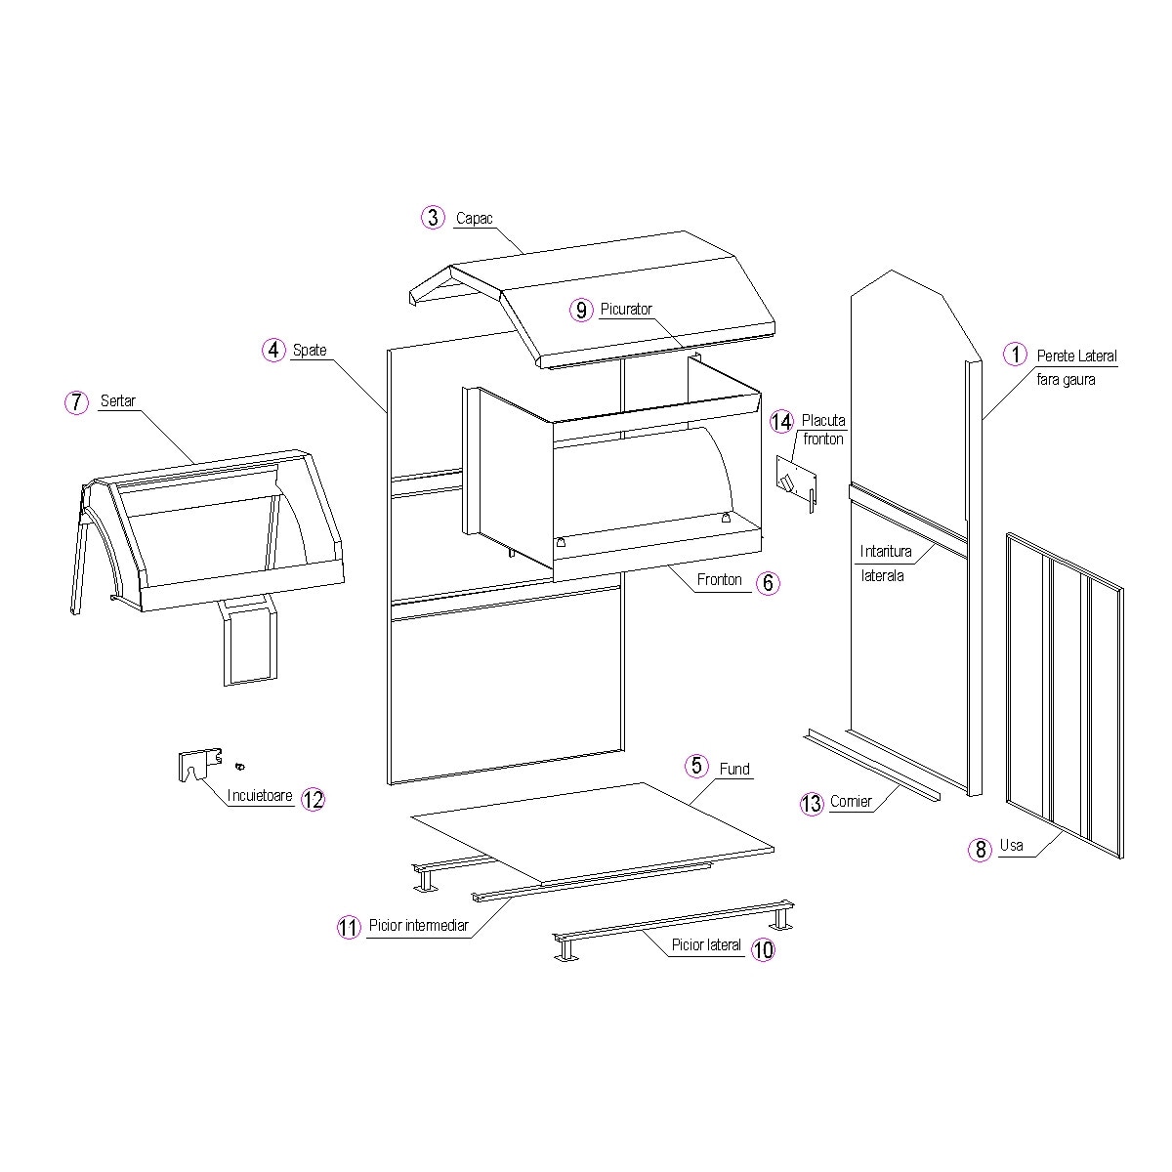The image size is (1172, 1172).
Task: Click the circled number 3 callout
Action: [433, 217]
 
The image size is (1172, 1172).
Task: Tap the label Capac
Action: [474, 219]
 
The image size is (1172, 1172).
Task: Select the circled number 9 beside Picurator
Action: [581, 311]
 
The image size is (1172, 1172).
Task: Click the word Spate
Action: [310, 351]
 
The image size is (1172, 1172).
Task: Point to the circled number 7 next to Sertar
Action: [76, 402]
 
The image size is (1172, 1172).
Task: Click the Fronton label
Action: [720, 579]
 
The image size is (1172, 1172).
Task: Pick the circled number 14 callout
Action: [781, 422]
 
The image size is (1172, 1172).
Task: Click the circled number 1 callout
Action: [1015, 354]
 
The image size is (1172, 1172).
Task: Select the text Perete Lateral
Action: [1076, 356]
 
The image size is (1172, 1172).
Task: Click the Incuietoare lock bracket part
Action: [200, 764]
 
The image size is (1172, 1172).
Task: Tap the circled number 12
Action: [313, 799]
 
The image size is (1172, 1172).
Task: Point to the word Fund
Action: [734, 769]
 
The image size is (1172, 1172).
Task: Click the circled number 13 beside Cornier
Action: [812, 804]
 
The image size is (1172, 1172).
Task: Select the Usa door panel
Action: [1065, 695]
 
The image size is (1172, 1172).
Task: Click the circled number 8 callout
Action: [980, 849]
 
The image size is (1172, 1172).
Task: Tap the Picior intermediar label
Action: [418, 925]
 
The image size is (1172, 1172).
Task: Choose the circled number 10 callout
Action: [764, 949]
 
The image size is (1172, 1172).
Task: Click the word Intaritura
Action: [886, 551]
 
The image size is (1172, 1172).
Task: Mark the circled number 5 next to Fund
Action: [696, 766]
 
